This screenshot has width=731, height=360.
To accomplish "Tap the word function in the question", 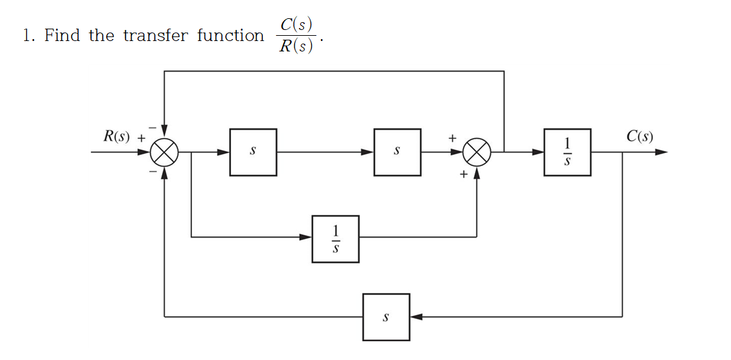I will [x=230, y=35].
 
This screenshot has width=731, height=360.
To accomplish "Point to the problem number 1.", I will [x=27, y=35].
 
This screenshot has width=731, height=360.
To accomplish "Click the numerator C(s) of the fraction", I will [x=296, y=25].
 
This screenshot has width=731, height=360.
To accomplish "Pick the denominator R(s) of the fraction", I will [x=296, y=46].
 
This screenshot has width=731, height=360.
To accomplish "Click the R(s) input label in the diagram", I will [x=117, y=137].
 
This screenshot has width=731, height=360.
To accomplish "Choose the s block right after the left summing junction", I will [x=253, y=152].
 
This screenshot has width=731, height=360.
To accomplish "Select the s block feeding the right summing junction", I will [x=397, y=152].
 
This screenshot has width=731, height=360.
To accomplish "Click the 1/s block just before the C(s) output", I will [x=567, y=152].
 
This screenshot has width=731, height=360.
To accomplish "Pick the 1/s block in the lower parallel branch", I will [x=335, y=239].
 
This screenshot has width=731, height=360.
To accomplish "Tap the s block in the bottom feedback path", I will [x=386, y=317].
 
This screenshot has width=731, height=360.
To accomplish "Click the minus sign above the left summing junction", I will [x=154, y=127].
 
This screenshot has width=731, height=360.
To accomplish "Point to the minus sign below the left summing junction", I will [x=154, y=172].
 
